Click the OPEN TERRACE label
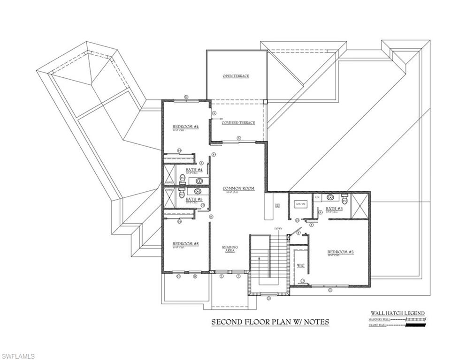click(236, 76)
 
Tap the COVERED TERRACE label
click(238, 123)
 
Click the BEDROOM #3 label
click(340, 252)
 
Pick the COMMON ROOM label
click(238, 188)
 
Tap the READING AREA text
click(230, 249)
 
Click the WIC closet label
click(301, 266)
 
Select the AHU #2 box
click(300, 204)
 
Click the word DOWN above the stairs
click(278, 228)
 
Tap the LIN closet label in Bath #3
click(317, 197)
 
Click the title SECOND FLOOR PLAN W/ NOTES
click(270, 322)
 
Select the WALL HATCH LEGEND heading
click(397, 313)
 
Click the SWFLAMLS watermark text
click(18, 357)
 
